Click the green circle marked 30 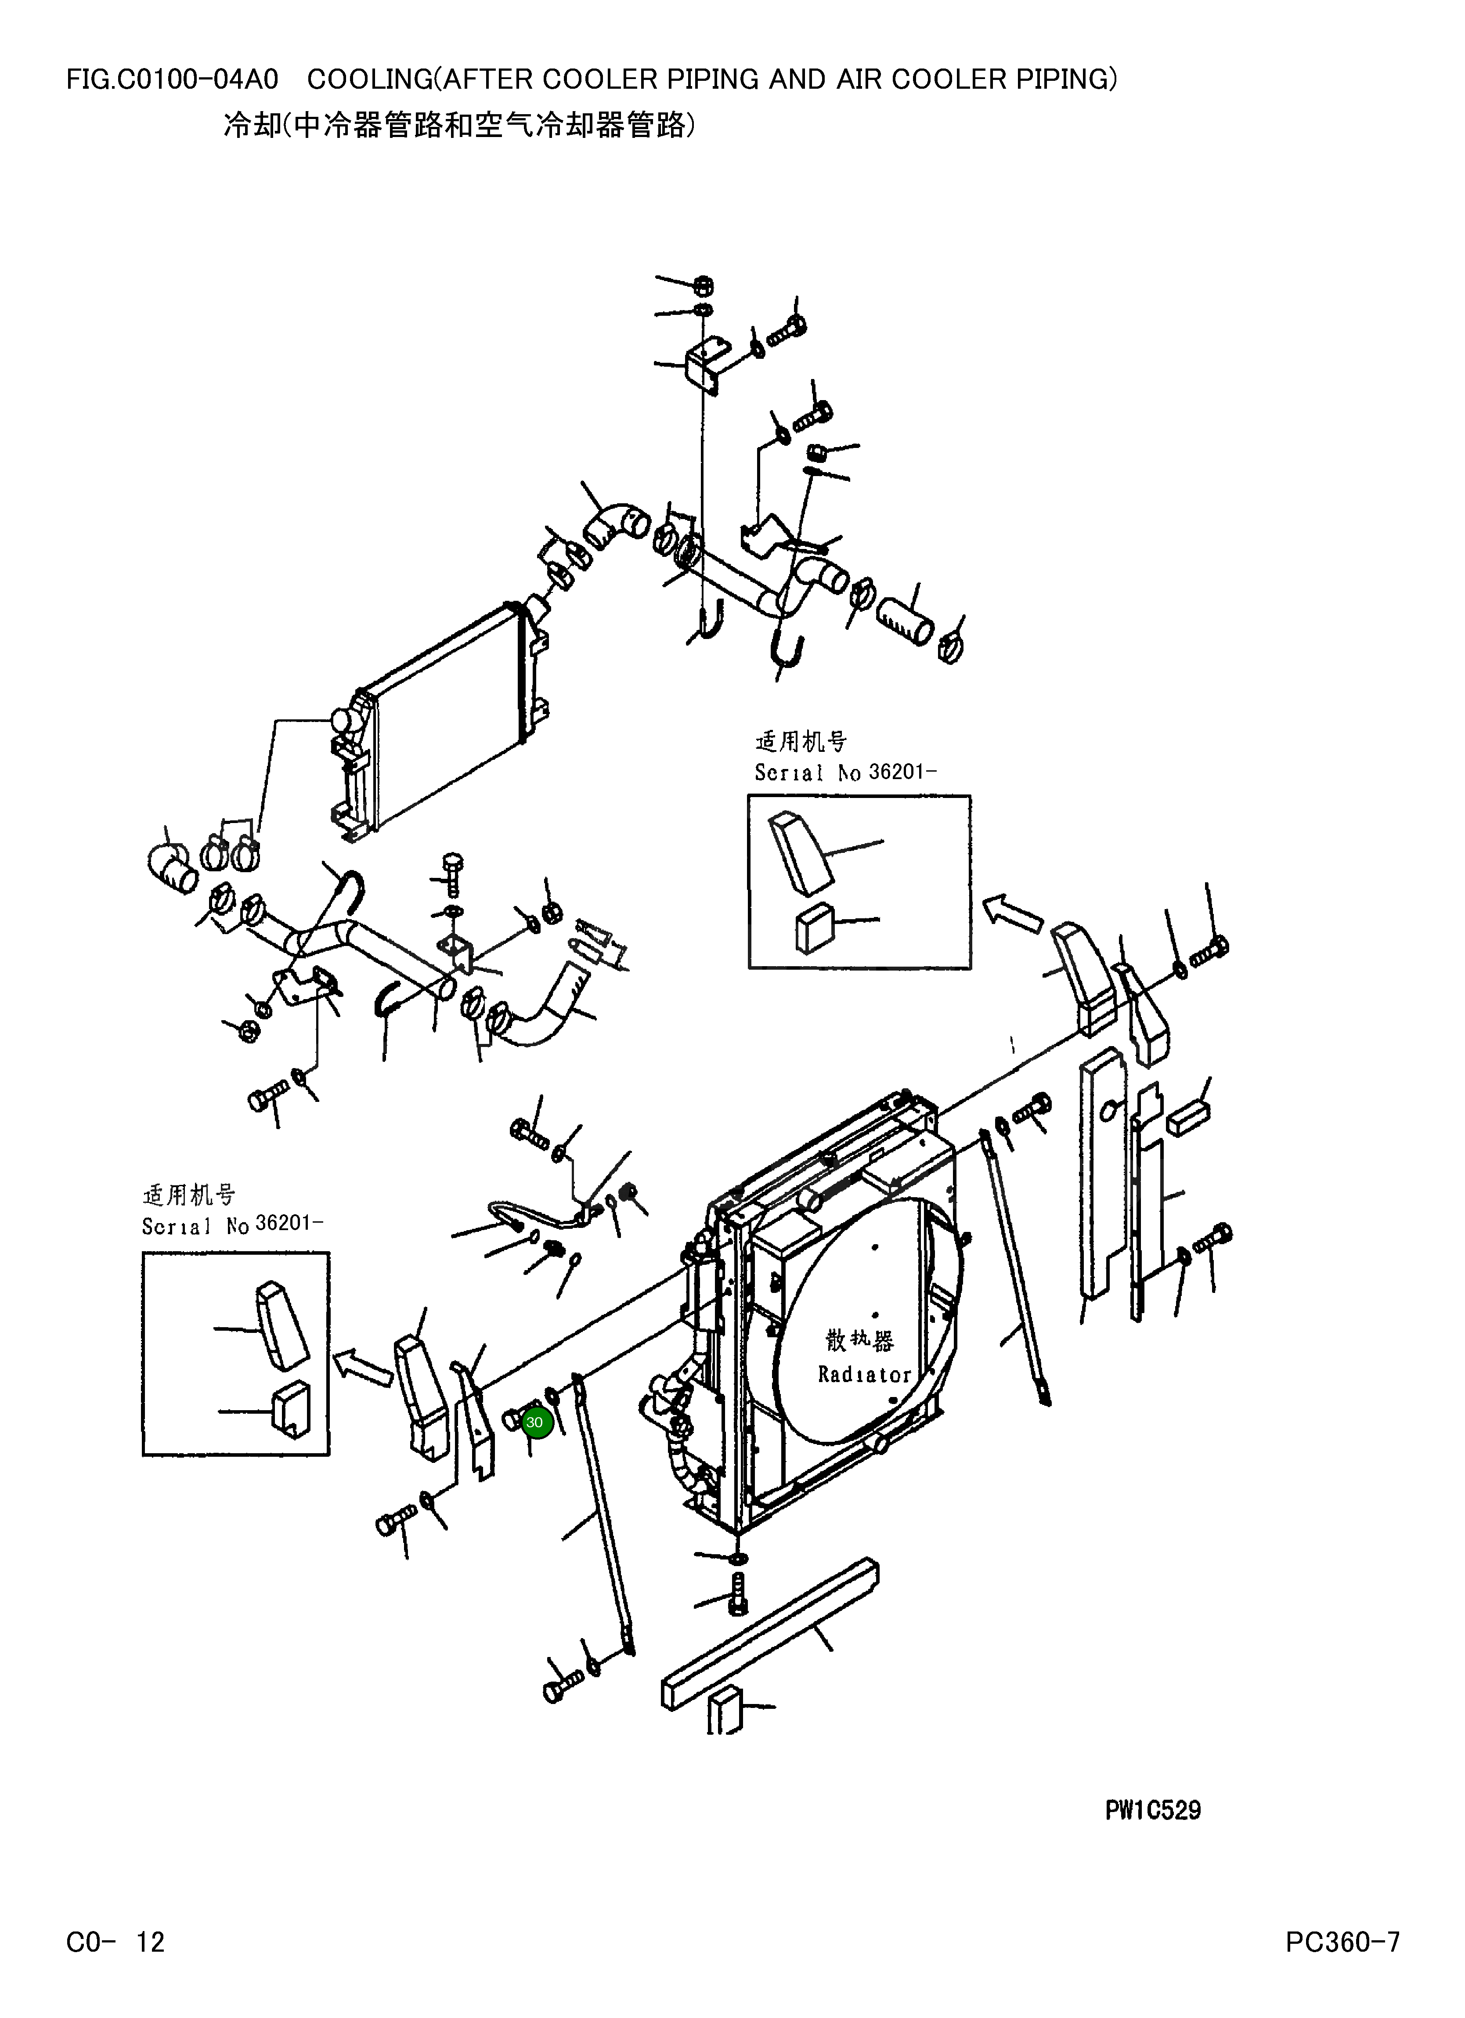point(534,1422)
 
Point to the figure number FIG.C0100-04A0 point(172,80)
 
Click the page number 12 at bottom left point(150,1942)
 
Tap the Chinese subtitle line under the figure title point(458,126)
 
